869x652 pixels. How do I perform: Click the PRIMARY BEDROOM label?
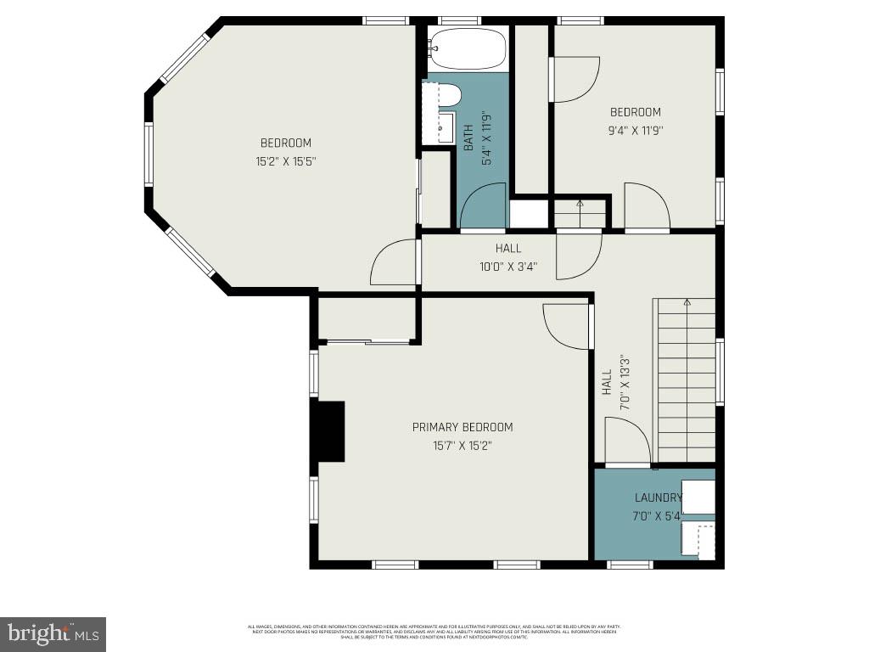[463, 427]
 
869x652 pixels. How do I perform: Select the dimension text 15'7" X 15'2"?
[463, 445]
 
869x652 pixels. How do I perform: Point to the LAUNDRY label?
[658, 497]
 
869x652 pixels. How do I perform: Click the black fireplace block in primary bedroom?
[329, 431]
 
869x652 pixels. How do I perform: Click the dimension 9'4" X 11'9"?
[635, 131]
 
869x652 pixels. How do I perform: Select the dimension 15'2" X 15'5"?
[286, 160]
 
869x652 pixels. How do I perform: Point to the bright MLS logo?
[53, 633]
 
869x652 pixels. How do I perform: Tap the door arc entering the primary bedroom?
[565, 327]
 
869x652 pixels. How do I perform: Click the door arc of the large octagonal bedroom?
[393, 262]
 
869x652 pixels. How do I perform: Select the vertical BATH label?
[468, 139]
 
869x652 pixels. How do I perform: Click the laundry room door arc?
[627, 441]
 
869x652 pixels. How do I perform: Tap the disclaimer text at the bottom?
[434, 632]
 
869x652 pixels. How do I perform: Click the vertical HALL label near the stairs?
[607, 383]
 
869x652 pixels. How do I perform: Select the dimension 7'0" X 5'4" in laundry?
[658, 516]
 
